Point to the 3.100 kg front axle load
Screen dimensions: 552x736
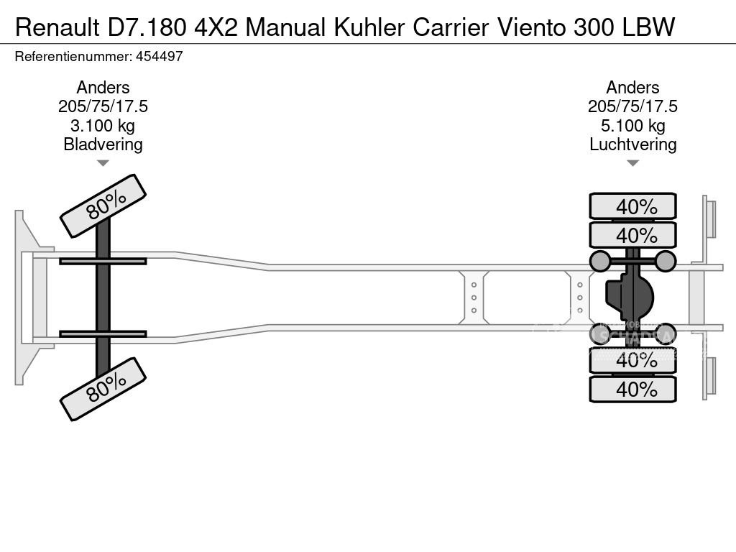[x=103, y=126]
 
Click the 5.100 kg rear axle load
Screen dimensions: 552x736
[x=632, y=126]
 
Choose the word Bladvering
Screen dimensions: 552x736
[x=103, y=144]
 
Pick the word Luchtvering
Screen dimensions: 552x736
[x=632, y=144]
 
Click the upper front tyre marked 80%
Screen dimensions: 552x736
[x=103, y=206]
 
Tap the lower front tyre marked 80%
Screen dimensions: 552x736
[x=103, y=389]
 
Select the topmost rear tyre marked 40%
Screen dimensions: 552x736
[x=632, y=206]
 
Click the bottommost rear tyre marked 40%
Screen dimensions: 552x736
[x=632, y=390]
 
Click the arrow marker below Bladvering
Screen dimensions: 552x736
[x=103, y=163]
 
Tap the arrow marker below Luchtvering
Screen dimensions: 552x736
[x=632, y=163]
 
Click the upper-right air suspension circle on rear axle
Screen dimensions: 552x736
[x=666, y=261]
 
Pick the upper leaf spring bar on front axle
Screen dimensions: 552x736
[x=103, y=261]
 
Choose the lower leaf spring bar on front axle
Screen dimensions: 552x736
[x=103, y=334]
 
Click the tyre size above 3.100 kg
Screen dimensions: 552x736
[x=103, y=106]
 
